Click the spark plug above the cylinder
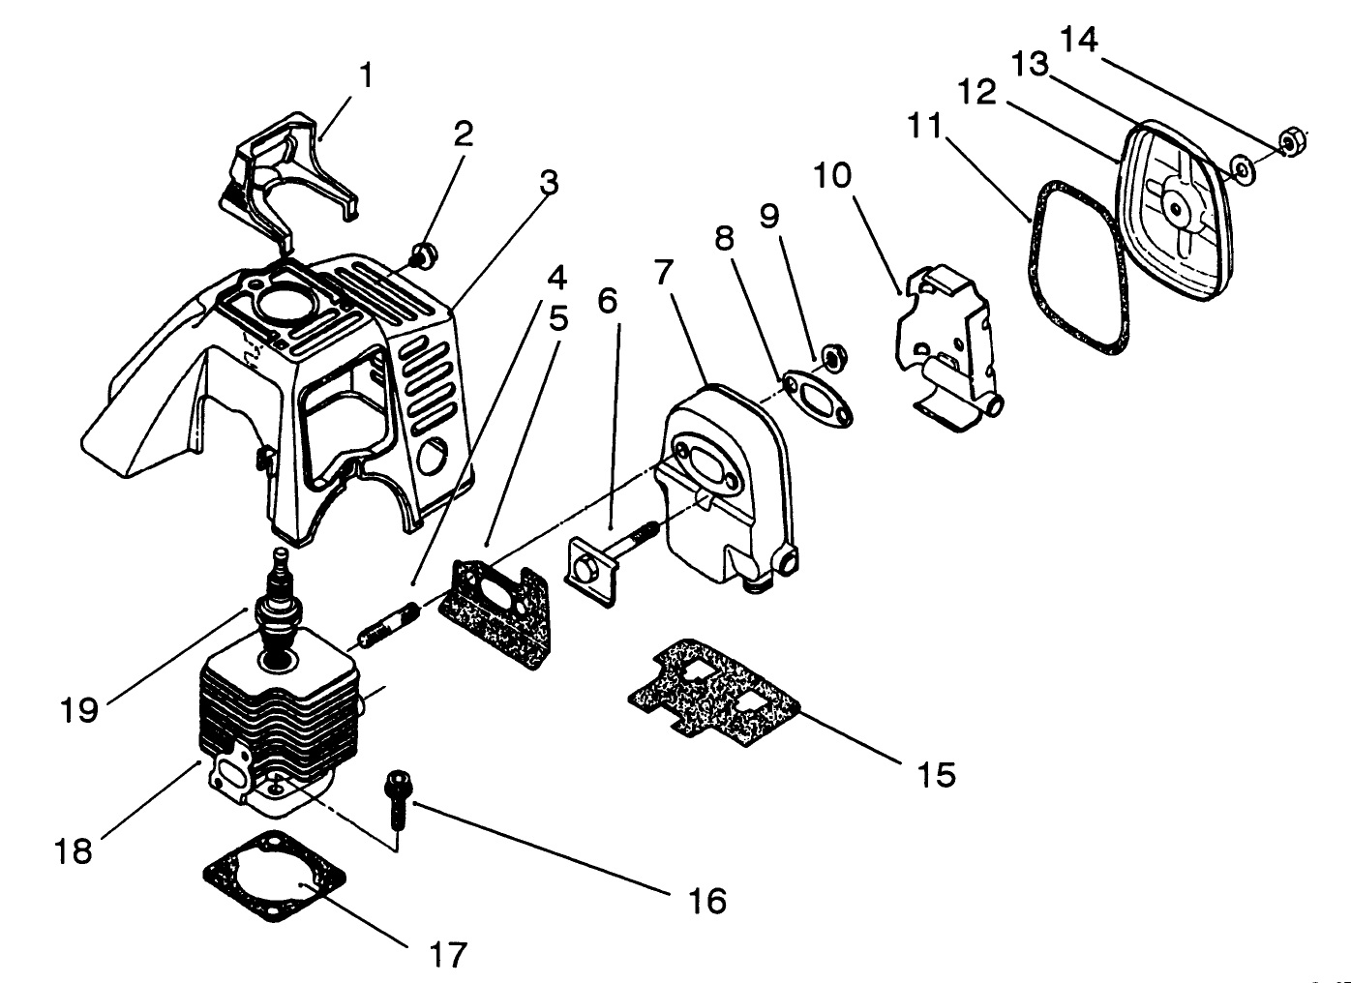[278, 614]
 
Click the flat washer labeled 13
[1243, 168]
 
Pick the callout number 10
[832, 176]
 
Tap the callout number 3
[549, 182]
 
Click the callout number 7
[663, 273]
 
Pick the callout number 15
[936, 774]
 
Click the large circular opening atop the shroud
[291, 304]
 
